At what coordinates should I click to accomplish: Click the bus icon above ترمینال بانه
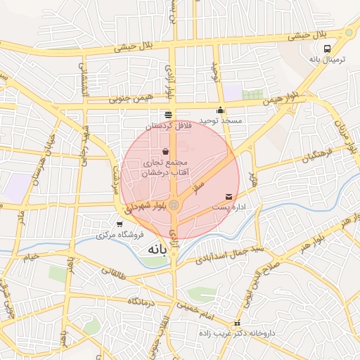point(327,49)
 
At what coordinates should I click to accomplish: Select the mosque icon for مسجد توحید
point(221,110)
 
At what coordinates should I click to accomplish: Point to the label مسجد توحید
point(221,120)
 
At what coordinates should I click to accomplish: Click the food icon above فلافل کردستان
point(167,115)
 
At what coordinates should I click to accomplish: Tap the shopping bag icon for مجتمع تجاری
point(165,151)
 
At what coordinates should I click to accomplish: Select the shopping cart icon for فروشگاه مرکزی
point(120,224)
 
